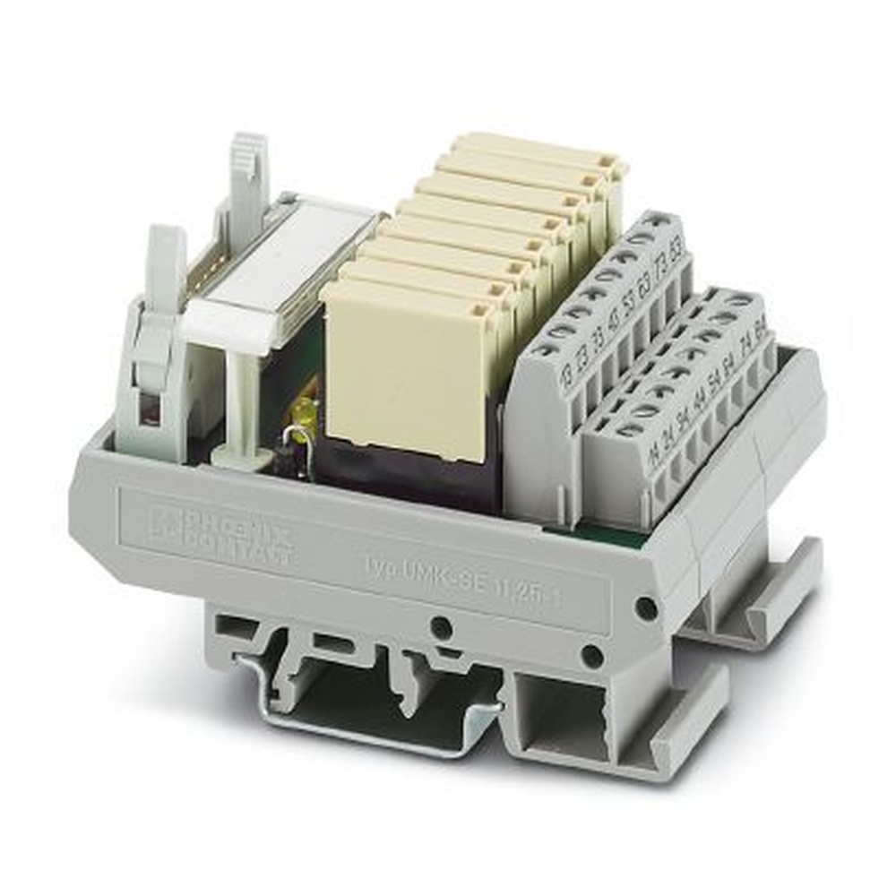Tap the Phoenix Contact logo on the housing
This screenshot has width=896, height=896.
(220, 533)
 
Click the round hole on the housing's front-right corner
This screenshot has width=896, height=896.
(645, 608)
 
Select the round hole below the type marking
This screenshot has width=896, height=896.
(439, 626)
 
